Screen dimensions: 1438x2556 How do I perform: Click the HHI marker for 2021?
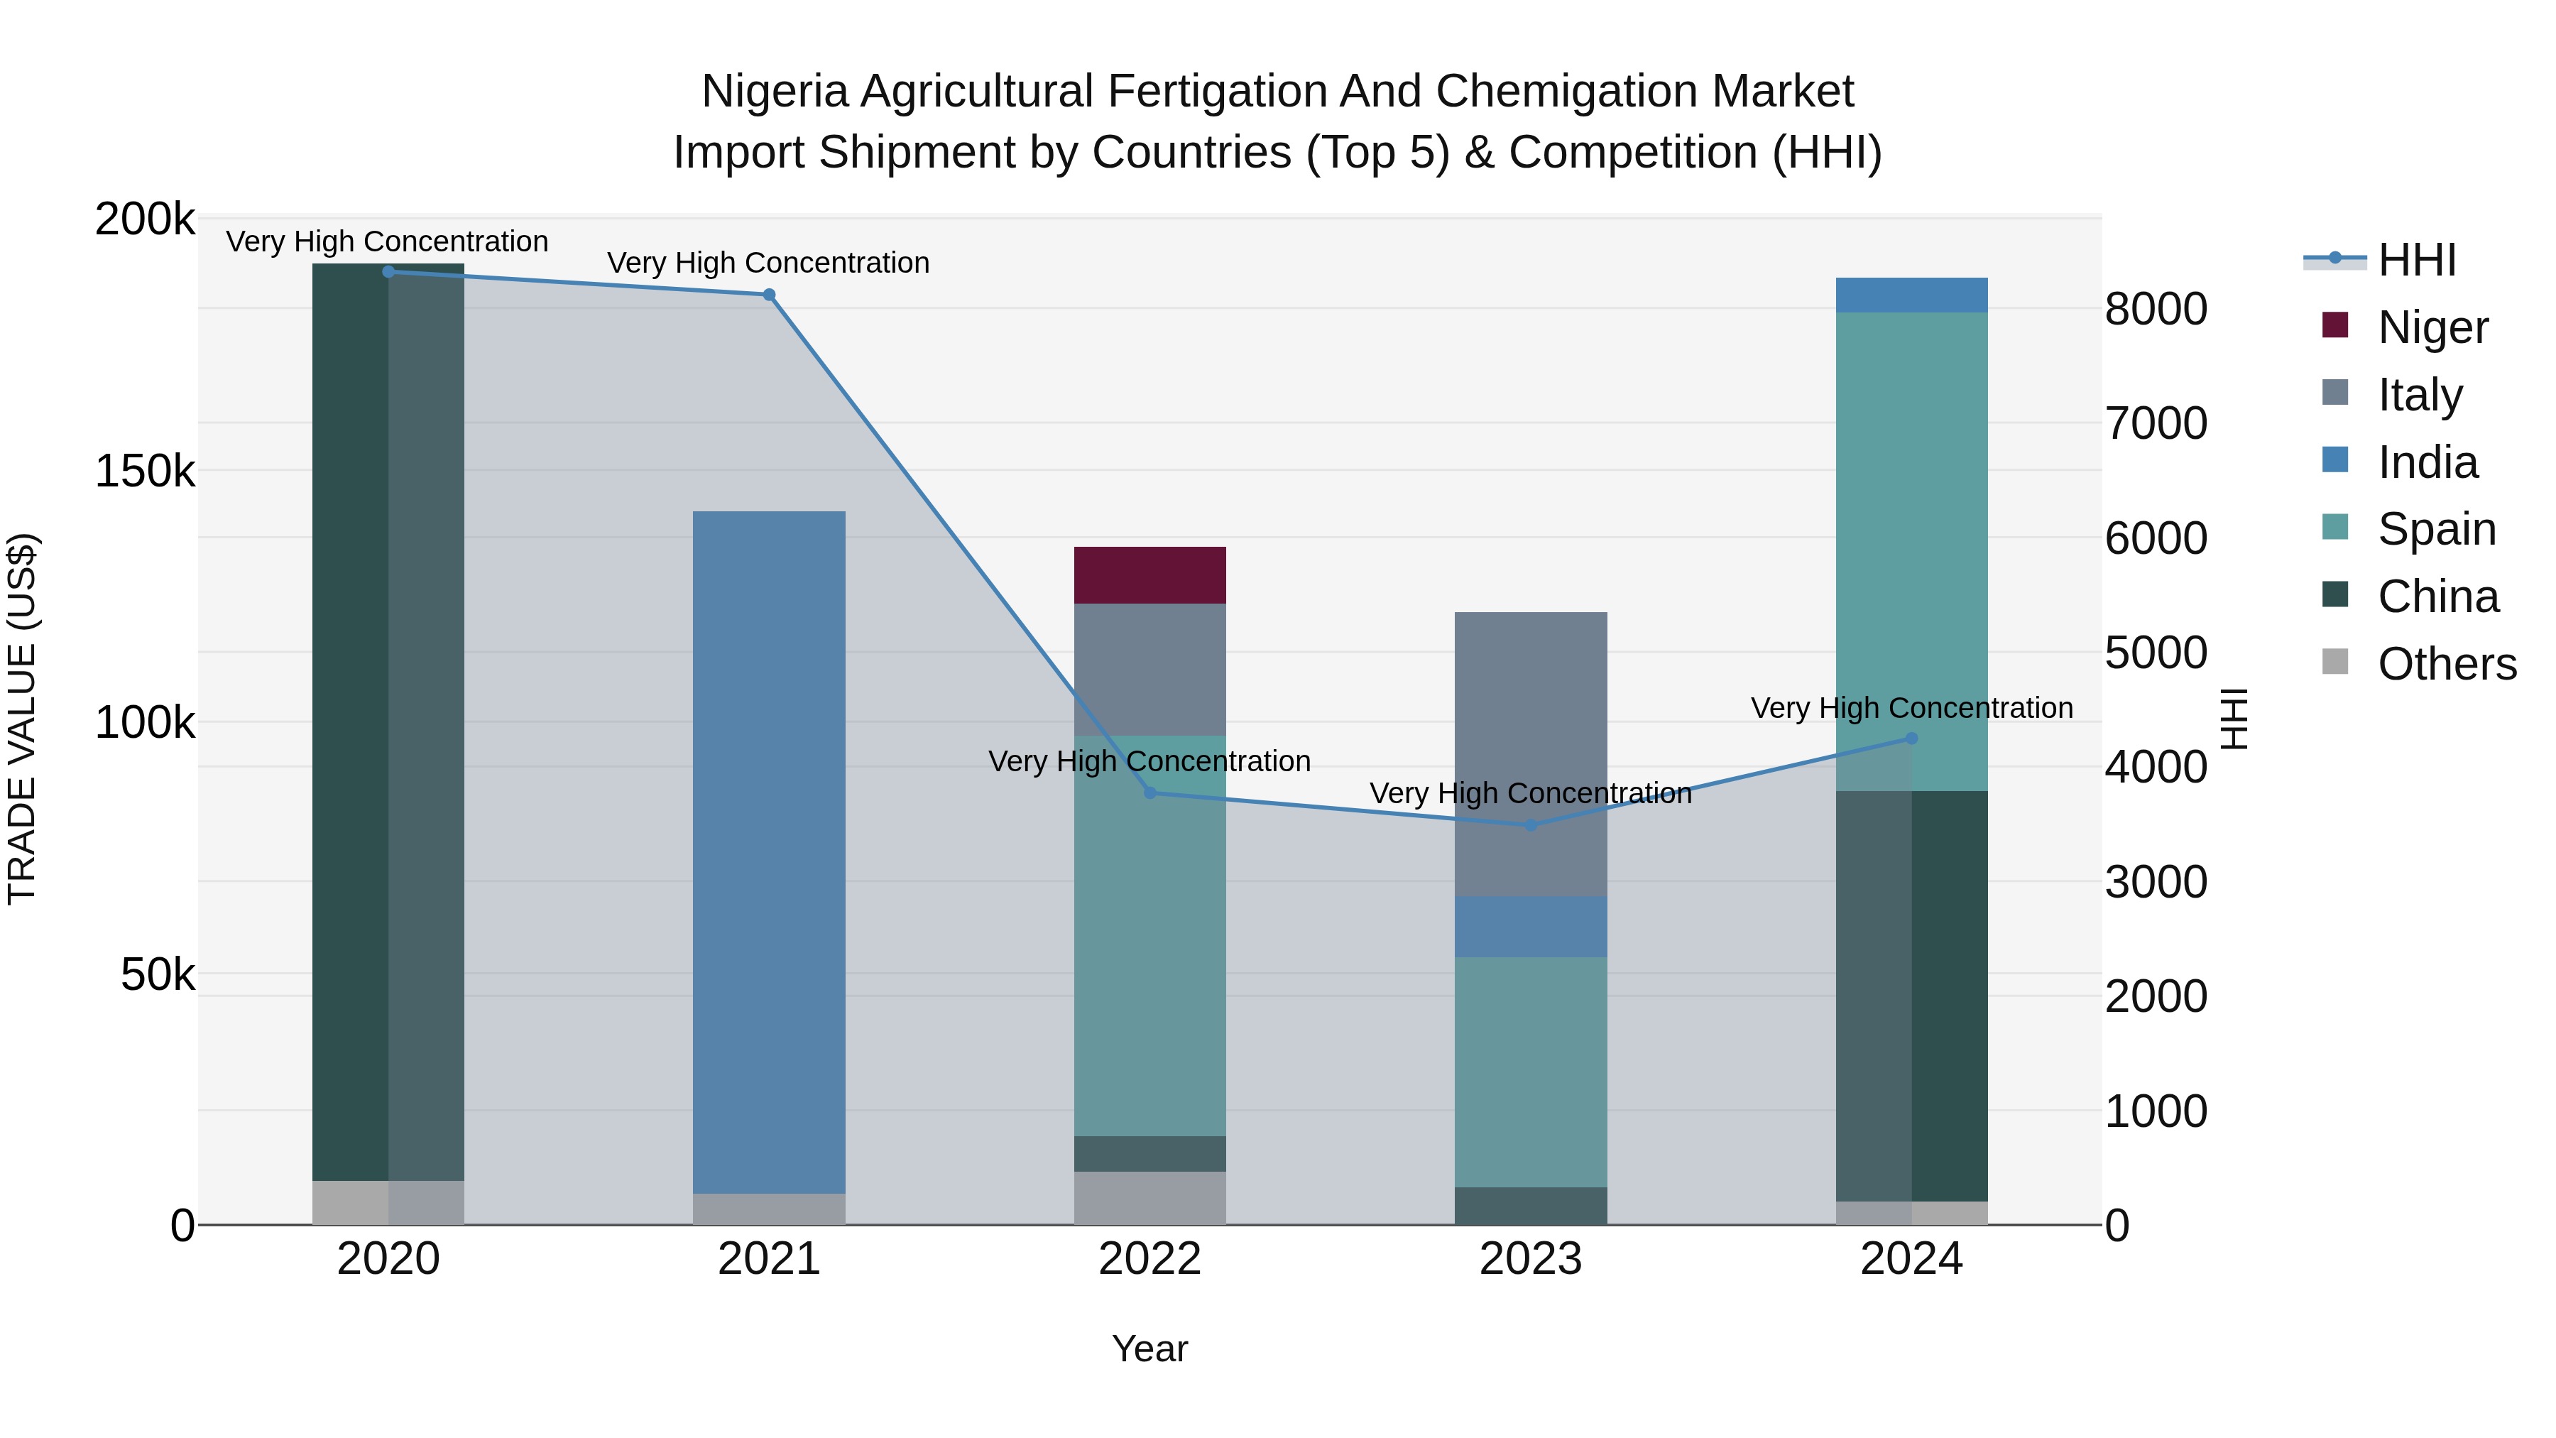pyautogui.click(x=769, y=295)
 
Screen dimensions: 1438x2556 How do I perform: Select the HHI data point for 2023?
pyautogui.click(x=1530, y=824)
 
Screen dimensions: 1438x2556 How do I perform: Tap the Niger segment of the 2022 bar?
pyautogui.click(x=1150, y=574)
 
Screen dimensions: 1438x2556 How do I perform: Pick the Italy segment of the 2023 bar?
pyautogui.click(x=1530, y=753)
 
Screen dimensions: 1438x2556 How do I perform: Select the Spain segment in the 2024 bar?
pyautogui.click(x=1911, y=551)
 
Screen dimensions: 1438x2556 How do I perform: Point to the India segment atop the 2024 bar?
pyautogui.click(x=1911, y=295)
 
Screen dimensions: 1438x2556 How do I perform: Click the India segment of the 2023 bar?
pyautogui.click(x=1530, y=926)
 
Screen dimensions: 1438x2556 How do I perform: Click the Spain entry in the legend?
pyautogui.click(x=2436, y=529)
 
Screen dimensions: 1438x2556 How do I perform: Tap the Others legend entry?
pyautogui.click(x=2446, y=664)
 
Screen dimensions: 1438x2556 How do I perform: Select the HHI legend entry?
pyautogui.click(x=2416, y=260)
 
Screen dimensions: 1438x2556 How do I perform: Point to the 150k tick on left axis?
pyautogui.click(x=146, y=472)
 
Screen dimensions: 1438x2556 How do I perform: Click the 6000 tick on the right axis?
pyautogui.click(x=2155, y=539)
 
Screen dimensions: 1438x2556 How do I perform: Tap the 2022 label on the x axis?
pyautogui.click(x=1150, y=1259)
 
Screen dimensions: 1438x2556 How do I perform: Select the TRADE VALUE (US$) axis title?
pyautogui.click(x=22, y=719)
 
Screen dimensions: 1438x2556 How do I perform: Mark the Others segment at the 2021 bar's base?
pyautogui.click(x=769, y=1209)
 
